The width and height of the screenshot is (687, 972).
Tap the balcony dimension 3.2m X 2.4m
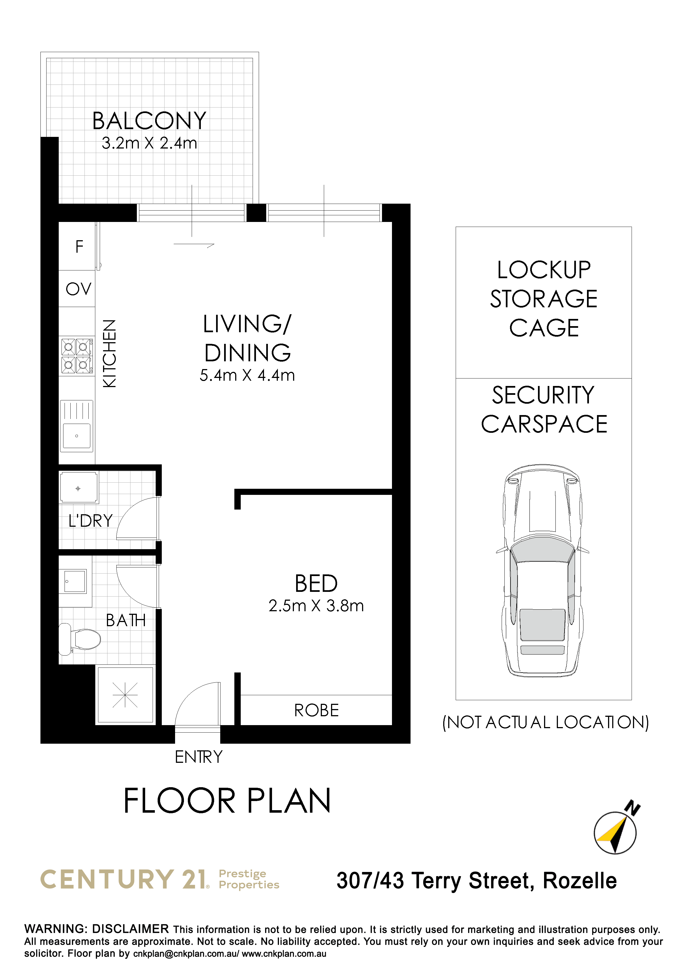(149, 143)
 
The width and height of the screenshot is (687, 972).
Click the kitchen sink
(77, 426)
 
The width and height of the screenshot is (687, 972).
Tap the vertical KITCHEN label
(109, 354)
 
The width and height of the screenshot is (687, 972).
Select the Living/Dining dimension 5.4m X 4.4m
(247, 375)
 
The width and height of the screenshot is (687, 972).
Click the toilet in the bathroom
(80, 639)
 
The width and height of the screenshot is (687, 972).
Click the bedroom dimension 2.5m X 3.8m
(316, 606)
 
